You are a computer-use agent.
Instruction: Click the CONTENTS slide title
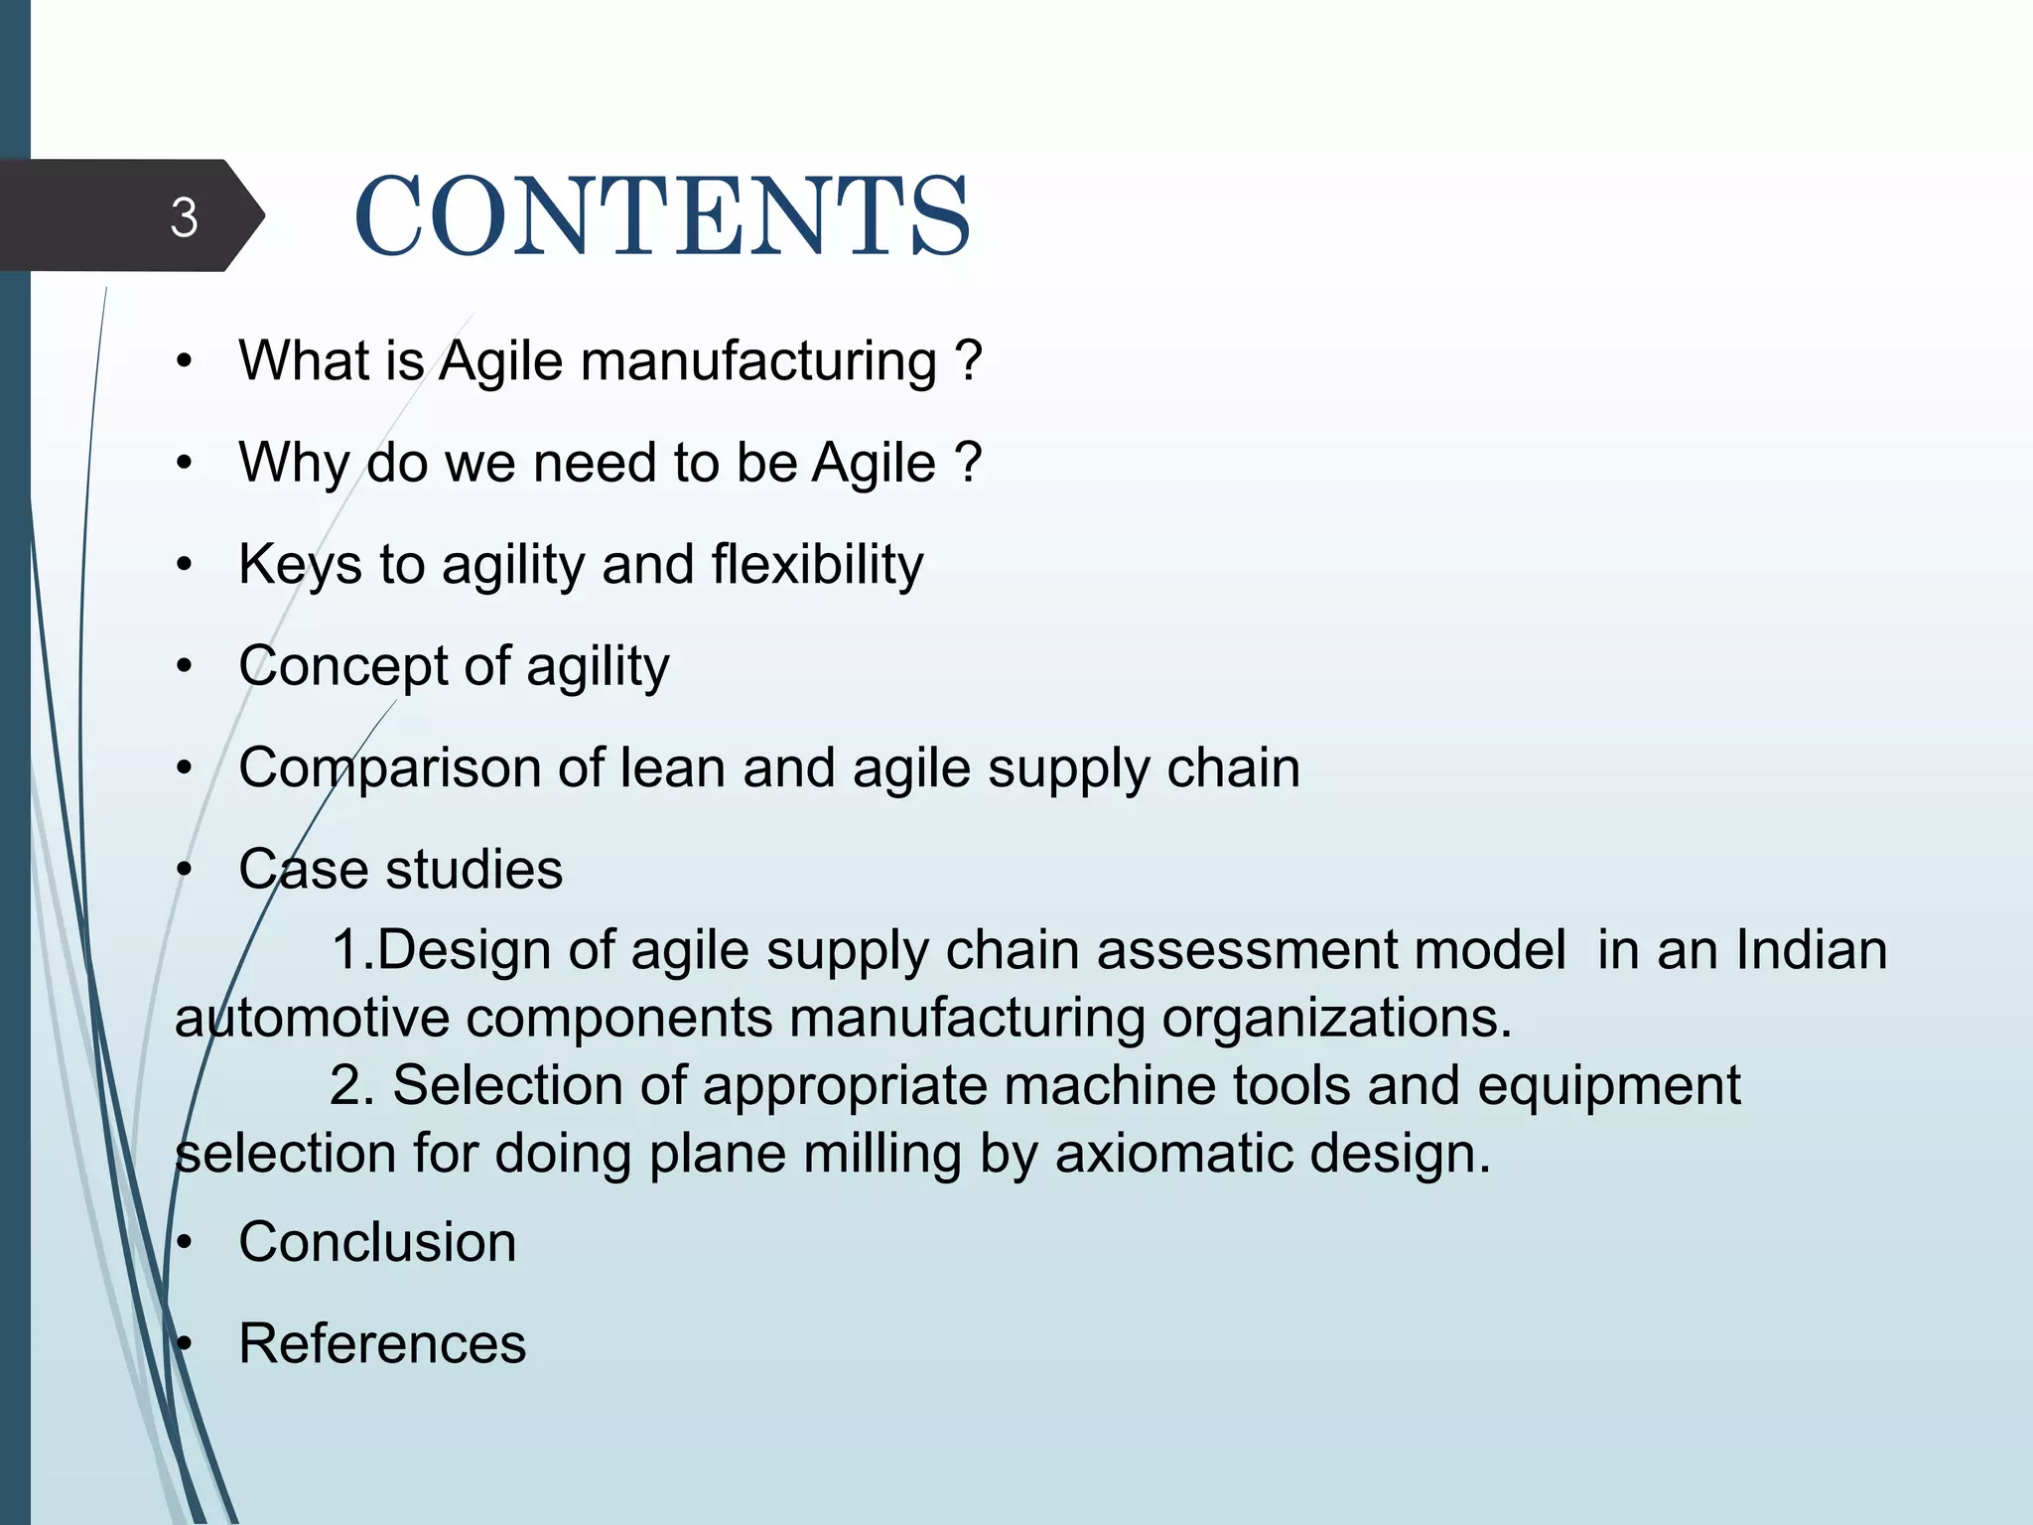coord(662,216)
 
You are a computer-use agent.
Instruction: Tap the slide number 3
coord(184,217)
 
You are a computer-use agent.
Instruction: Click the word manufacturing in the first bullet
coord(758,360)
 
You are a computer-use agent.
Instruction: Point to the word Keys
coord(300,565)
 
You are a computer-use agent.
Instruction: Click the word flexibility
coord(817,564)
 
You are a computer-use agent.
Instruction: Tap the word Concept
coord(342,666)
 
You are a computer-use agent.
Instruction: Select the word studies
coord(474,870)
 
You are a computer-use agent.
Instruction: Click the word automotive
coord(312,1018)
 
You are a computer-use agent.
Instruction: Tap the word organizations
coord(1336,1019)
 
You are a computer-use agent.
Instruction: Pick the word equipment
coord(1608,1085)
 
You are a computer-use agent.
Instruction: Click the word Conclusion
coord(377,1242)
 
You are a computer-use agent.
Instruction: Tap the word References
coord(382,1344)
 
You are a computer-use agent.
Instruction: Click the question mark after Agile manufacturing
coord(970,360)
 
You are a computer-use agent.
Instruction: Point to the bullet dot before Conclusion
coord(183,1243)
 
